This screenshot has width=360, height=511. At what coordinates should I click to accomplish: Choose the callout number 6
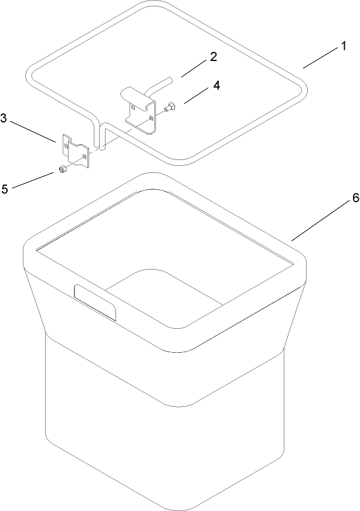338,199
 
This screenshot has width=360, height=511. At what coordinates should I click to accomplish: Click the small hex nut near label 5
61,171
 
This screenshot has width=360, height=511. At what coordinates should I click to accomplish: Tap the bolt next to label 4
169,107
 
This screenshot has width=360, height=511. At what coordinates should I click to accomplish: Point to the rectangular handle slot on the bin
94,302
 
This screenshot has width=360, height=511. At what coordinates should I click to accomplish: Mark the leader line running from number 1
320,59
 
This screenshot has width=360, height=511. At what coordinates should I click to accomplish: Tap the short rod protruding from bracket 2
161,82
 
